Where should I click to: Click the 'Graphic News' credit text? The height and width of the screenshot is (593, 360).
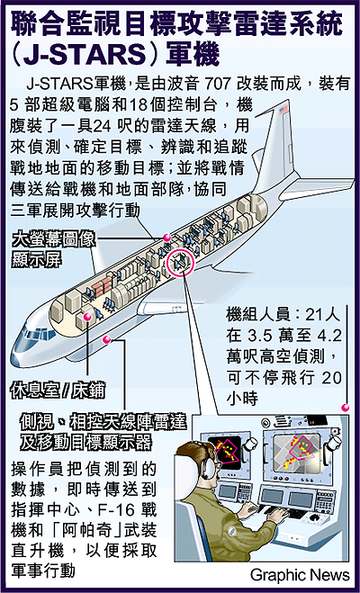pyautogui.click(x=300, y=575)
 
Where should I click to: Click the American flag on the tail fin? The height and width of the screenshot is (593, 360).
pyautogui.click(x=283, y=110)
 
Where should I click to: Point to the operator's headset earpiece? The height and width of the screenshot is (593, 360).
pyautogui.click(x=208, y=468)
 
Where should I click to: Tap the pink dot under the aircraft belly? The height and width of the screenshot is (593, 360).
pyautogui.click(x=107, y=339)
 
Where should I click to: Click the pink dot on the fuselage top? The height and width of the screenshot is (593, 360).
pyautogui.click(x=166, y=238)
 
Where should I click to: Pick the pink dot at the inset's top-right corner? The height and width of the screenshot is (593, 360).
pyautogui.click(x=345, y=408)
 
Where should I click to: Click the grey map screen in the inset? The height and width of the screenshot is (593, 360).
pyautogui.click(x=297, y=449)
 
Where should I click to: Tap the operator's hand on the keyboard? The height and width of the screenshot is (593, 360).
pyautogui.click(x=277, y=515)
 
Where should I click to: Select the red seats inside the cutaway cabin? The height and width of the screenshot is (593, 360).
pyautogui.click(x=102, y=284)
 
